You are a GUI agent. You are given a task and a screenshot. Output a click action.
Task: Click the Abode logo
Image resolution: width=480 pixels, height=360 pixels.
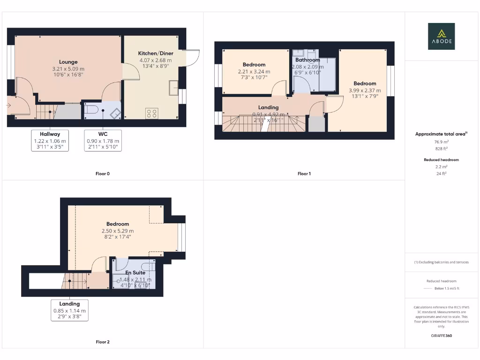click(441, 37)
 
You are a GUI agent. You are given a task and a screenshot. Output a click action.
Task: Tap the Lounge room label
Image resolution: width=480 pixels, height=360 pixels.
click(68, 62)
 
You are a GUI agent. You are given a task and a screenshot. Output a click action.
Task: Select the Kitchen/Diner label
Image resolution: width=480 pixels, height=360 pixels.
click(155, 53)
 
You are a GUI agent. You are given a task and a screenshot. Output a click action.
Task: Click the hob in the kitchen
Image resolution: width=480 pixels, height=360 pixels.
click(152, 113)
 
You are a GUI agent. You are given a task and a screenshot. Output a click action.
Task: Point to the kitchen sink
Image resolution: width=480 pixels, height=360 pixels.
click(173, 87)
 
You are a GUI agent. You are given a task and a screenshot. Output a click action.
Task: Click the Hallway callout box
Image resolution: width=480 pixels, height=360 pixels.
click(50, 141)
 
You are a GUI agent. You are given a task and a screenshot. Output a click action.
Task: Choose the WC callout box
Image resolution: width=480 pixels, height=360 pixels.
click(103, 141)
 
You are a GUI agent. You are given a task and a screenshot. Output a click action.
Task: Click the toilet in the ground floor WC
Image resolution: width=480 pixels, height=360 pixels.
click(91, 110)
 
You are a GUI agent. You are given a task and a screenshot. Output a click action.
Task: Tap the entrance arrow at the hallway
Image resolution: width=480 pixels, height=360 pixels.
click(8, 105)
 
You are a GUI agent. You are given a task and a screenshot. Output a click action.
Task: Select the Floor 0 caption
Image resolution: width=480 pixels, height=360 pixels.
click(102, 174)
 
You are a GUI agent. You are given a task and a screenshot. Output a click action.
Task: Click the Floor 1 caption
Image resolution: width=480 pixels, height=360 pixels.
click(304, 174)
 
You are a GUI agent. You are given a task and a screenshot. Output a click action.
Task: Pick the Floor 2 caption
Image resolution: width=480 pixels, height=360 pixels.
click(102, 342)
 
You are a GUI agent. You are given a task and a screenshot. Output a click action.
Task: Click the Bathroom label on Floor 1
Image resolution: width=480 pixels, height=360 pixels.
click(307, 60)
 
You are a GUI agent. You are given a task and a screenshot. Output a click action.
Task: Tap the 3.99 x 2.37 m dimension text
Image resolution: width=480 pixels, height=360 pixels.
click(365, 90)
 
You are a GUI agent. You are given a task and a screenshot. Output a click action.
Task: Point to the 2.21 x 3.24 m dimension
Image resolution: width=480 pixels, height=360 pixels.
click(254, 72)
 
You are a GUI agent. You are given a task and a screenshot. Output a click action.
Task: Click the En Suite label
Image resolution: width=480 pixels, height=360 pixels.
click(135, 272)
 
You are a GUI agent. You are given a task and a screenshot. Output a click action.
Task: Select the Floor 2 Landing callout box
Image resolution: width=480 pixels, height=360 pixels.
click(69, 310)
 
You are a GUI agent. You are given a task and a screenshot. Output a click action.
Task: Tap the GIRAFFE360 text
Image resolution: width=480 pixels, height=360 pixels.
click(441, 336)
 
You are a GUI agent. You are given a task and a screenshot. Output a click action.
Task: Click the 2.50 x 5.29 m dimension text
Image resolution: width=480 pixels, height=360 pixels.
click(118, 231)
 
